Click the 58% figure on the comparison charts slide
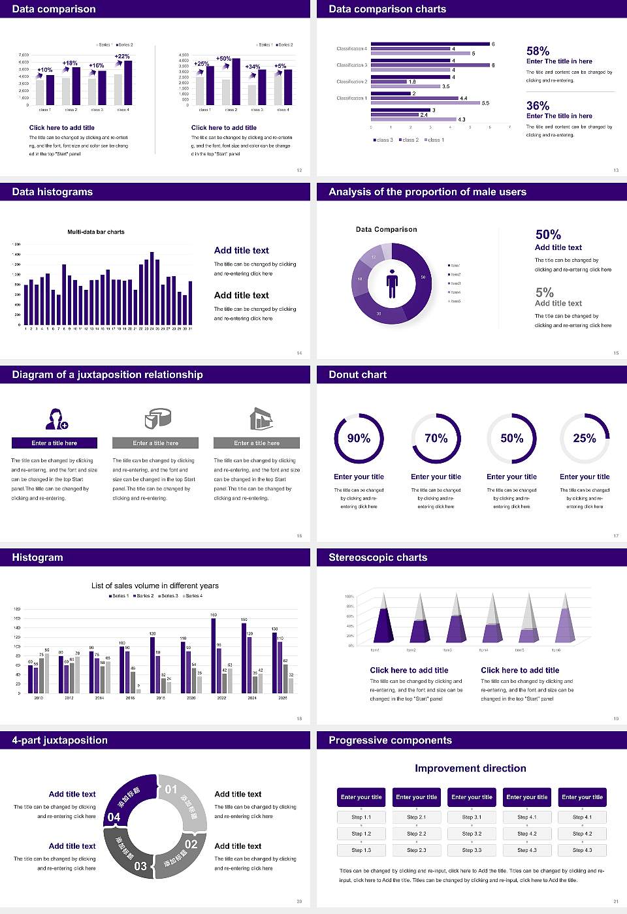click(x=538, y=51)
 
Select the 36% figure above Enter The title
click(x=538, y=106)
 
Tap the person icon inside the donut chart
click(x=392, y=283)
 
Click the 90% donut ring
click(x=359, y=438)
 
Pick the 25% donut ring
click(x=585, y=438)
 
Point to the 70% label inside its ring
click(x=436, y=438)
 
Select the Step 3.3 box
click(x=472, y=850)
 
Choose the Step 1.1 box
click(x=361, y=817)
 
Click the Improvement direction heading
click(x=470, y=768)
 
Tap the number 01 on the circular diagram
click(x=171, y=789)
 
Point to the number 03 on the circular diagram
click(x=140, y=866)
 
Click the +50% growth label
click(x=223, y=59)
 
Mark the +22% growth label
click(x=122, y=57)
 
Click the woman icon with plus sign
click(x=57, y=418)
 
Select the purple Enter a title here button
click(x=55, y=443)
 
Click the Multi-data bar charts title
click(x=96, y=232)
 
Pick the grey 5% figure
click(x=544, y=292)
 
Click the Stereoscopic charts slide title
click(x=378, y=558)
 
